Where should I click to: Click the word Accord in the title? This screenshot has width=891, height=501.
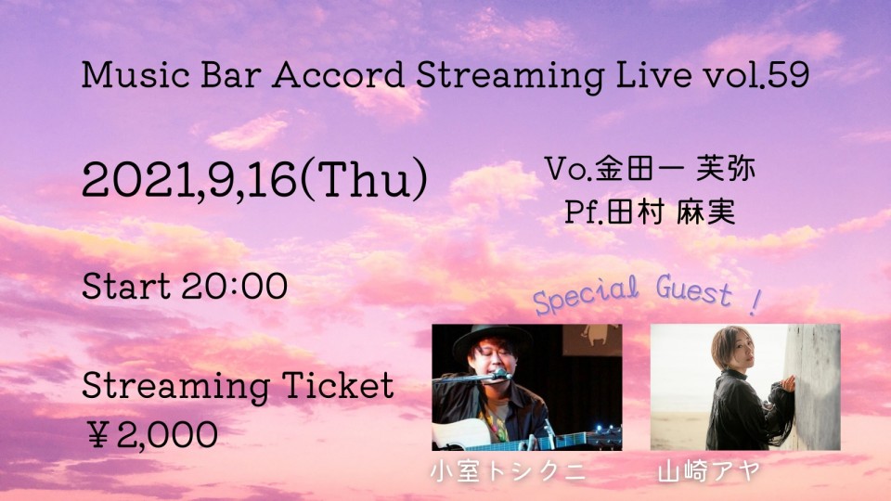pos(338,74)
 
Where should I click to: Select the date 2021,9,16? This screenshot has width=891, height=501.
pos(189,179)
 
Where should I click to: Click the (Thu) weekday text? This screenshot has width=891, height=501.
pos(364,179)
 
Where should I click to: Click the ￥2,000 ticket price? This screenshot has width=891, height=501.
pos(152,434)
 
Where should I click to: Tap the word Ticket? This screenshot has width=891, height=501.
pos(338,385)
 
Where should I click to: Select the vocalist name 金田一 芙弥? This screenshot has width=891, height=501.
pos(675,169)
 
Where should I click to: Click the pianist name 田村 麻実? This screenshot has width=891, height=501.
pos(671,212)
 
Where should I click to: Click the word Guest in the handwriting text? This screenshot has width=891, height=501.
pos(694,289)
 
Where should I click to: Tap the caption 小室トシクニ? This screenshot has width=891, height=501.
pos(508,471)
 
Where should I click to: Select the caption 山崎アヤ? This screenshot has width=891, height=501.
pos(709,471)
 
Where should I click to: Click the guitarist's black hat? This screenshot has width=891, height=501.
pos(489,340)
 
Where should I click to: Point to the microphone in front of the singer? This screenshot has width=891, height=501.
pos(500,374)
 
